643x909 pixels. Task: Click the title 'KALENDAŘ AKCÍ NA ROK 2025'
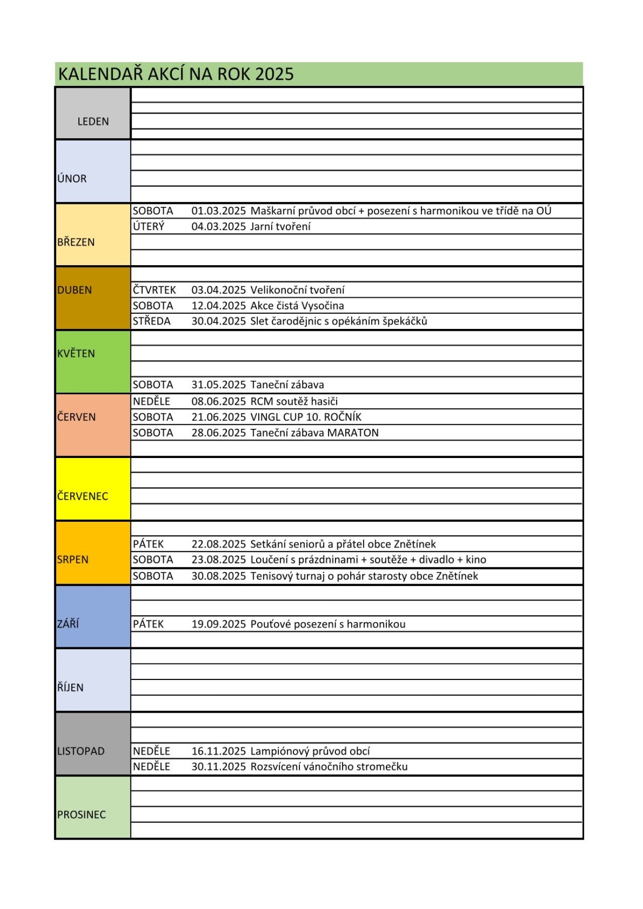176,74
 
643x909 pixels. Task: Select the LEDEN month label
93,122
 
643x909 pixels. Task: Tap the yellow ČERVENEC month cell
93,489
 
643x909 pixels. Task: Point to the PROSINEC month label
81,815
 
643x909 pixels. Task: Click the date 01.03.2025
219,211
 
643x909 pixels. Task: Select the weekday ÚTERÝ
149,226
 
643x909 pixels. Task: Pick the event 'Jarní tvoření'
280,226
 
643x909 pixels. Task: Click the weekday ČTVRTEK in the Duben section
154,290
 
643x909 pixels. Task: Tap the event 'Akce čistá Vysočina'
297,306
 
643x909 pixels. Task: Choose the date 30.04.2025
219,321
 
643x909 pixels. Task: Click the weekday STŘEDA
152,321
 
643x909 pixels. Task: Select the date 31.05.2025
219,385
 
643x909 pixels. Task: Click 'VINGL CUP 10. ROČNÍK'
305,417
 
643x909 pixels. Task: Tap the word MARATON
353,433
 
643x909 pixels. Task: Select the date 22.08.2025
219,544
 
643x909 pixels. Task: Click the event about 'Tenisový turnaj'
364,576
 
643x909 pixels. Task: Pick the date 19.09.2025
219,624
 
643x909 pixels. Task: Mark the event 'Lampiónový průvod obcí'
310,751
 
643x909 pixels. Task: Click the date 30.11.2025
219,767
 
